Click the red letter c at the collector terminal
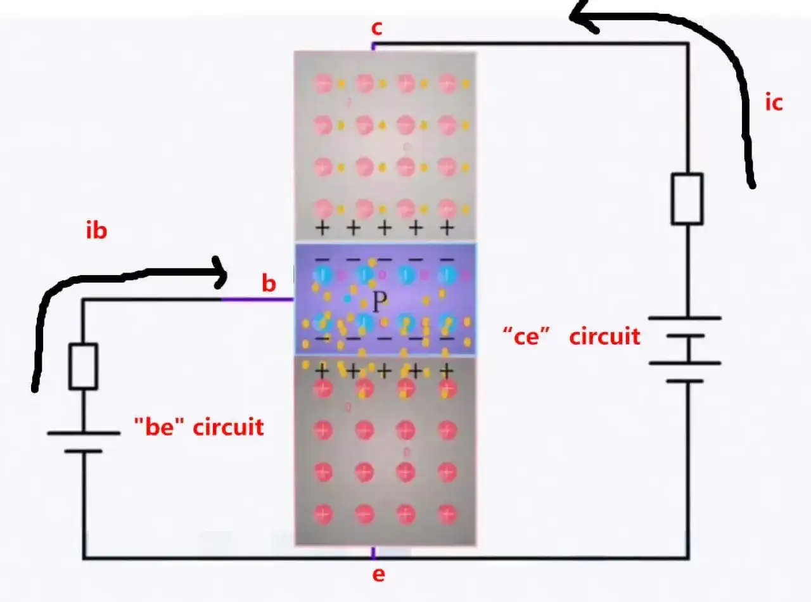point(376,28)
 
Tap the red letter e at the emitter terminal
point(378,575)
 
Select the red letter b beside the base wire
point(269,283)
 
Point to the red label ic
point(774,103)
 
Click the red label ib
point(96,231)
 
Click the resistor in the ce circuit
point(687,198)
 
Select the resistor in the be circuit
point(84,366)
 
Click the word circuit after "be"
point(228,427)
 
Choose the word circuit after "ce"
point(605,336)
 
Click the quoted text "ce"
point(527,336)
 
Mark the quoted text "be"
point(159,426)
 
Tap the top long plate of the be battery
point(84,433)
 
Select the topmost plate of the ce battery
point(685,318)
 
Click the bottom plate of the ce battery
point(685,381)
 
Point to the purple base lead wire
point(257,300)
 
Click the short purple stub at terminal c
point(373,46)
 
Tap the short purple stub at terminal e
point(373,553)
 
